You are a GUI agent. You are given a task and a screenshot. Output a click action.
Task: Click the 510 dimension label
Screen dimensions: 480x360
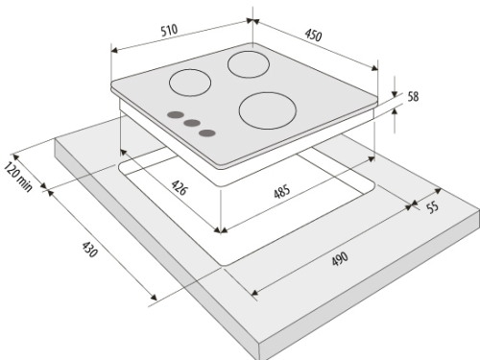[169, 30]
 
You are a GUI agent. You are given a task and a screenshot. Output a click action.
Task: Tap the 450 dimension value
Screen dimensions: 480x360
[313, 35]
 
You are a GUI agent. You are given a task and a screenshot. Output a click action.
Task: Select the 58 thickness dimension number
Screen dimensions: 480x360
[413, 96]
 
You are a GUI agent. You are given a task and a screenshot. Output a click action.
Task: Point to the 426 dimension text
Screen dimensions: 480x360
[179, 187]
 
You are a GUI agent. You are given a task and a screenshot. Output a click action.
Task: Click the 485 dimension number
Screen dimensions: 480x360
[282, 191]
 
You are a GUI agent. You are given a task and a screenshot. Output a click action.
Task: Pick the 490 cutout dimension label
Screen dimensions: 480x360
[340, 259]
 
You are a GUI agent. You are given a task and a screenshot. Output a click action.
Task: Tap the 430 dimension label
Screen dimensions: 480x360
[89, 250]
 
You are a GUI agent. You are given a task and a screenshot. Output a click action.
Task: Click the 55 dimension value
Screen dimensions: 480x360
[433, 207]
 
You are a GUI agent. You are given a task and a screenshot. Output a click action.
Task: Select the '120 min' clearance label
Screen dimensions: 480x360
[18, 177]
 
